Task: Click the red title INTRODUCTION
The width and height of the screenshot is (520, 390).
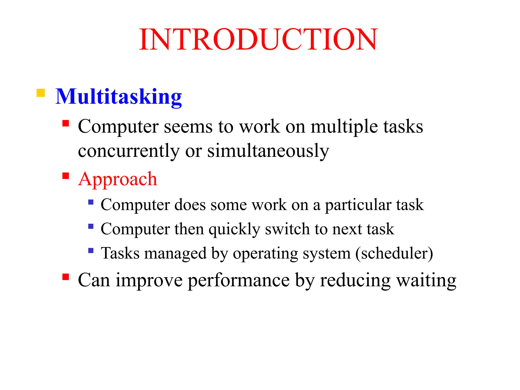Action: click(258, 40)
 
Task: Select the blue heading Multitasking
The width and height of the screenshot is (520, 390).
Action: click(119, 97)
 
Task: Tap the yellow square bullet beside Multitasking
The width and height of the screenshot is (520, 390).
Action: click(41, 93)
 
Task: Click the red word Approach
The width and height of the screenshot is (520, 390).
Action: click(118, 179)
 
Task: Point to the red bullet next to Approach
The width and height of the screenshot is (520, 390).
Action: click(66, 176)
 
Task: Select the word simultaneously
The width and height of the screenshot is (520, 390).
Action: click(268, 151)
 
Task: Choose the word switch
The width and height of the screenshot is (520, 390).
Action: click(287, 229)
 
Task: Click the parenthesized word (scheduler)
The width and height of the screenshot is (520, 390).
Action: click(394, 253)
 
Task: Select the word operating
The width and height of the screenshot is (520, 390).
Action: click(265, 254)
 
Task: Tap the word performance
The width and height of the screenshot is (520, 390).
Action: click(239, 281)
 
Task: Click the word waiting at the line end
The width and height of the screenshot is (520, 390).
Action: click(426, 281)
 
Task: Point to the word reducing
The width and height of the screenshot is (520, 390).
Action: click(355, 281)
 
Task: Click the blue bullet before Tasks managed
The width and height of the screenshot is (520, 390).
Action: click(91, 251)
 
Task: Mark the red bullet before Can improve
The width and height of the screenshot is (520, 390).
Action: click(66, 277)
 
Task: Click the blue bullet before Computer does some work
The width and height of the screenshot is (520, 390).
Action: click(91, 202)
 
